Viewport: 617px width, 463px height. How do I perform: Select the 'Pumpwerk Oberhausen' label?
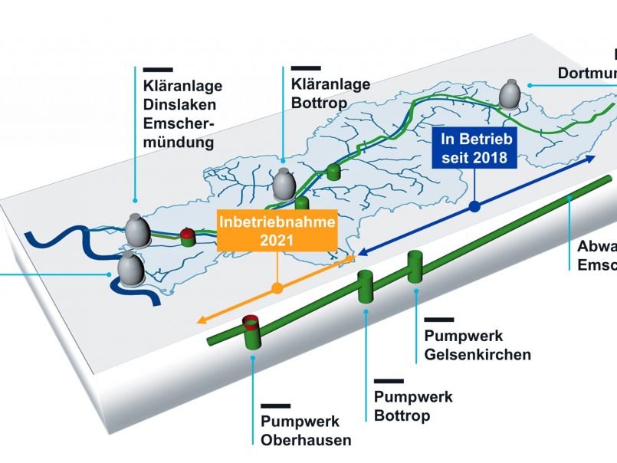[x=306, y=430]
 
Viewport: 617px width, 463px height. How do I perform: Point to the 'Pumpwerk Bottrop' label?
[x=413, y=406]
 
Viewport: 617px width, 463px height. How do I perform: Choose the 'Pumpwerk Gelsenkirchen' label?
[x=477, y=345]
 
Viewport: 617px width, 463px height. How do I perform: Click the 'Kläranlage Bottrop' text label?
[x=330, y=93]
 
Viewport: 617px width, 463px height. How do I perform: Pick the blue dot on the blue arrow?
[x=474, y=205]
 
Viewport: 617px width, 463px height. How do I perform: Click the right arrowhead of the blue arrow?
[x=592, y=157]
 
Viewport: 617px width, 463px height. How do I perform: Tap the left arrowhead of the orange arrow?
[x=201, y=320]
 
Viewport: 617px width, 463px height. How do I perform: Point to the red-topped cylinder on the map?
[x=188, y=235]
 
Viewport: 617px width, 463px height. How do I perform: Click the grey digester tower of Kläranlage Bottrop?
[x=284, y=183]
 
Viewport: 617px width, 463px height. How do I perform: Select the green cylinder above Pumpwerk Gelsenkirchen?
[x=415, y=266]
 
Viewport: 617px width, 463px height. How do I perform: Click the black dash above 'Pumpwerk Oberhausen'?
[x=275, y=406]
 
